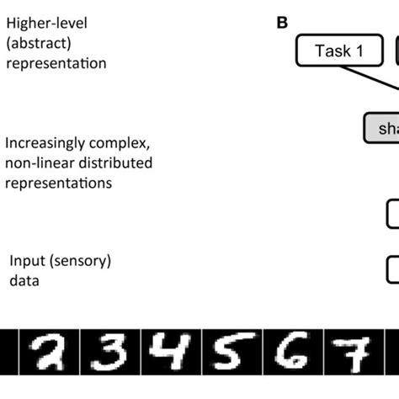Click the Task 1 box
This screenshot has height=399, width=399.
coord(338,51)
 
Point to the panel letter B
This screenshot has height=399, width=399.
coord(283,23)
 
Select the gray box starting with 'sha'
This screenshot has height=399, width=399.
coord(381,128)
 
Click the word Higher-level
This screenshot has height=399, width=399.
coord(45,24)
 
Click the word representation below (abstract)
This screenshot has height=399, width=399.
coord(56,63)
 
